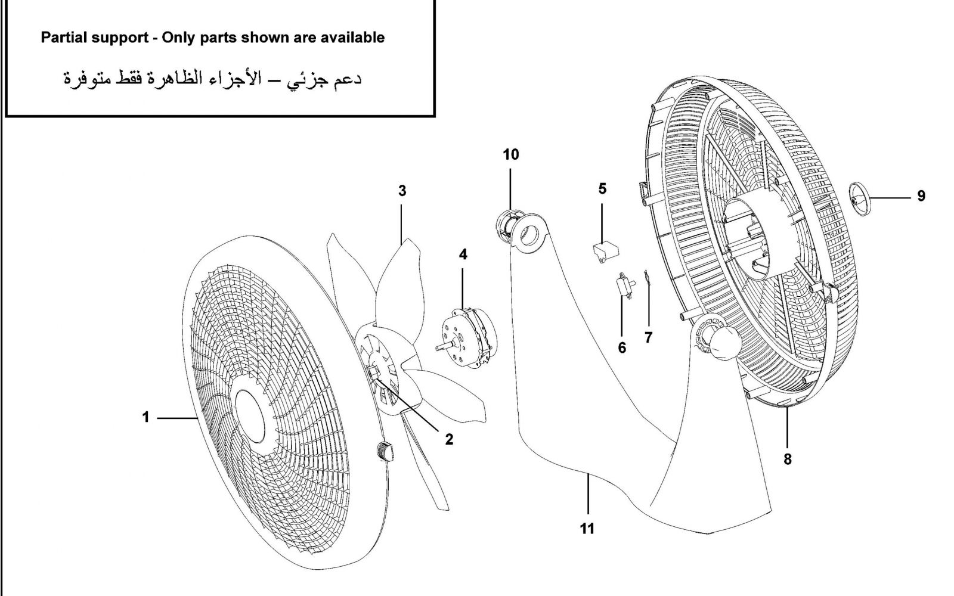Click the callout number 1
(145, 418)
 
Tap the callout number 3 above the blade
(402, 191)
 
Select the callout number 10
(511, 155)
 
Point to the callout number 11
(587, 528)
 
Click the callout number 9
(921, 196)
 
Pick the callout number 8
(788, 459)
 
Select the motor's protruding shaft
(445, 345)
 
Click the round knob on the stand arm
(723, 344)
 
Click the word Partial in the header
(63, 38)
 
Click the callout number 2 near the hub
(449, 439)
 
